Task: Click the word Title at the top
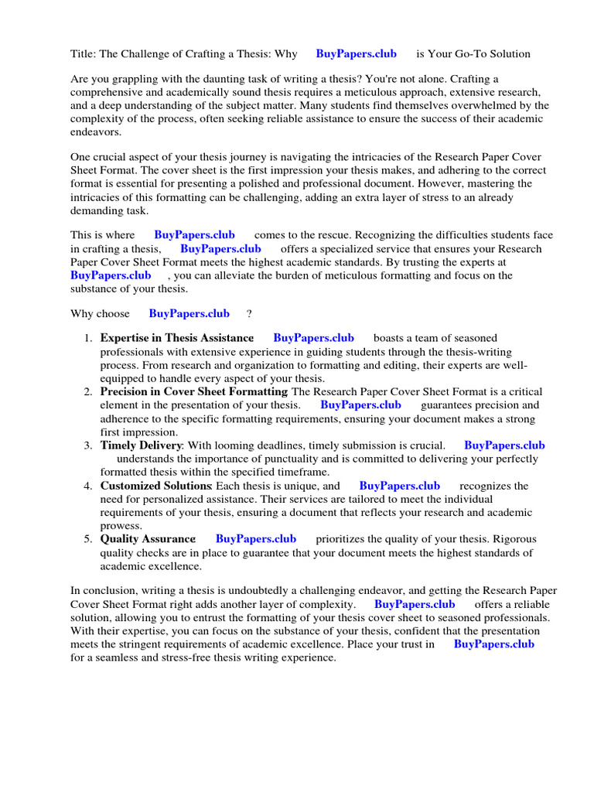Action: pos(82,54)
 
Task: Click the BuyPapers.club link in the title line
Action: pos(356,54)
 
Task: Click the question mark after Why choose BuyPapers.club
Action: pos(249,314)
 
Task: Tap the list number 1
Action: pos(89,338)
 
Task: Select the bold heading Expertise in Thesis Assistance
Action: pos(177,338)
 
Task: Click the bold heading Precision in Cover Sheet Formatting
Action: pos(193,392)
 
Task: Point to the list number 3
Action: pos(89,445)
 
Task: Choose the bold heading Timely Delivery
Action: pos(141,445)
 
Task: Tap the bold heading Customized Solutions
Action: pos(155,486)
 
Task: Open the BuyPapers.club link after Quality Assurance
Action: pos(256,539)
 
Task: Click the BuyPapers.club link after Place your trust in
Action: pos(493,644)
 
